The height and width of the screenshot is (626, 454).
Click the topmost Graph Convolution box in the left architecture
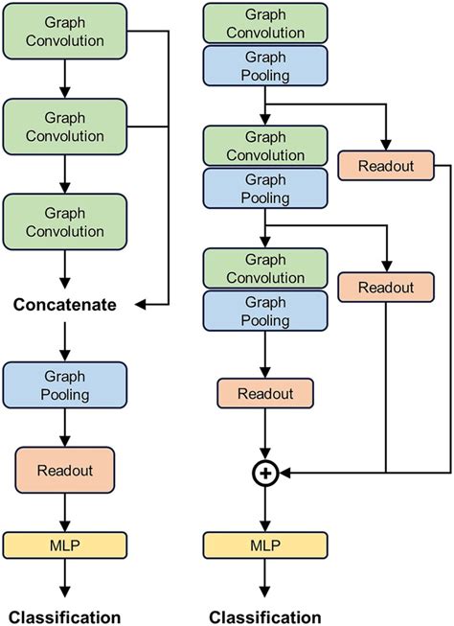(65, 35)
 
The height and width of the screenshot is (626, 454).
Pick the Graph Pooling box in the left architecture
(65, 386)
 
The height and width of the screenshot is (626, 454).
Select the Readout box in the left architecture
(65, 471)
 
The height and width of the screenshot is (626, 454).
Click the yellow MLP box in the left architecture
(65, 547)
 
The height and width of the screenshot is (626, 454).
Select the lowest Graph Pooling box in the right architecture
(265, 311)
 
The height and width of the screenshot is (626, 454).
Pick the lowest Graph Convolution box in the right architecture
(265, 267)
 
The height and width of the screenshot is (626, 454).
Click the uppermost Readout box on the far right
(386, 166)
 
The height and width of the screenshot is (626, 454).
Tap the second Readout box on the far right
(386, 288)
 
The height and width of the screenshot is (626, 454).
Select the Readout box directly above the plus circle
(265, 392)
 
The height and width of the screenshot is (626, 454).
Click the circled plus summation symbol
(265, 472)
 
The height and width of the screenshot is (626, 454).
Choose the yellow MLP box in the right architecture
(265, 547)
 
